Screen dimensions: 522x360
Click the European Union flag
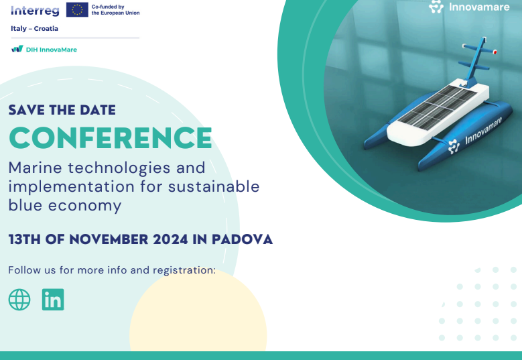(77, 9)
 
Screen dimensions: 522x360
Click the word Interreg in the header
(35, 11)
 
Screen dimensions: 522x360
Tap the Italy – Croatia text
(34, 29)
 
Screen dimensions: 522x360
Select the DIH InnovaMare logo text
(52, 50)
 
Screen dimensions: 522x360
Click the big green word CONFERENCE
(110, 138)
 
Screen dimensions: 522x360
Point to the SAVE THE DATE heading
(62, 110)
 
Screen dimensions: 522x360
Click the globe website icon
(19, 300)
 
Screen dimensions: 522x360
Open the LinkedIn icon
(53, 300)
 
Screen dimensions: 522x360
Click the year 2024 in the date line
(170, 239)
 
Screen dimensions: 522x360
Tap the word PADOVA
(242, 239)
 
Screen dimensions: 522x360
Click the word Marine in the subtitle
(36, 168)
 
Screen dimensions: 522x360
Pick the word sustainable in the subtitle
(214, 186)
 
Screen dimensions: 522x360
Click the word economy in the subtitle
(84, 206)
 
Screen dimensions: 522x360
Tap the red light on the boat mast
(495, 52)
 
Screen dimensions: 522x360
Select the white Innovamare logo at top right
(469, 7)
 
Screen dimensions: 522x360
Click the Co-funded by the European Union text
(115, 9)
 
